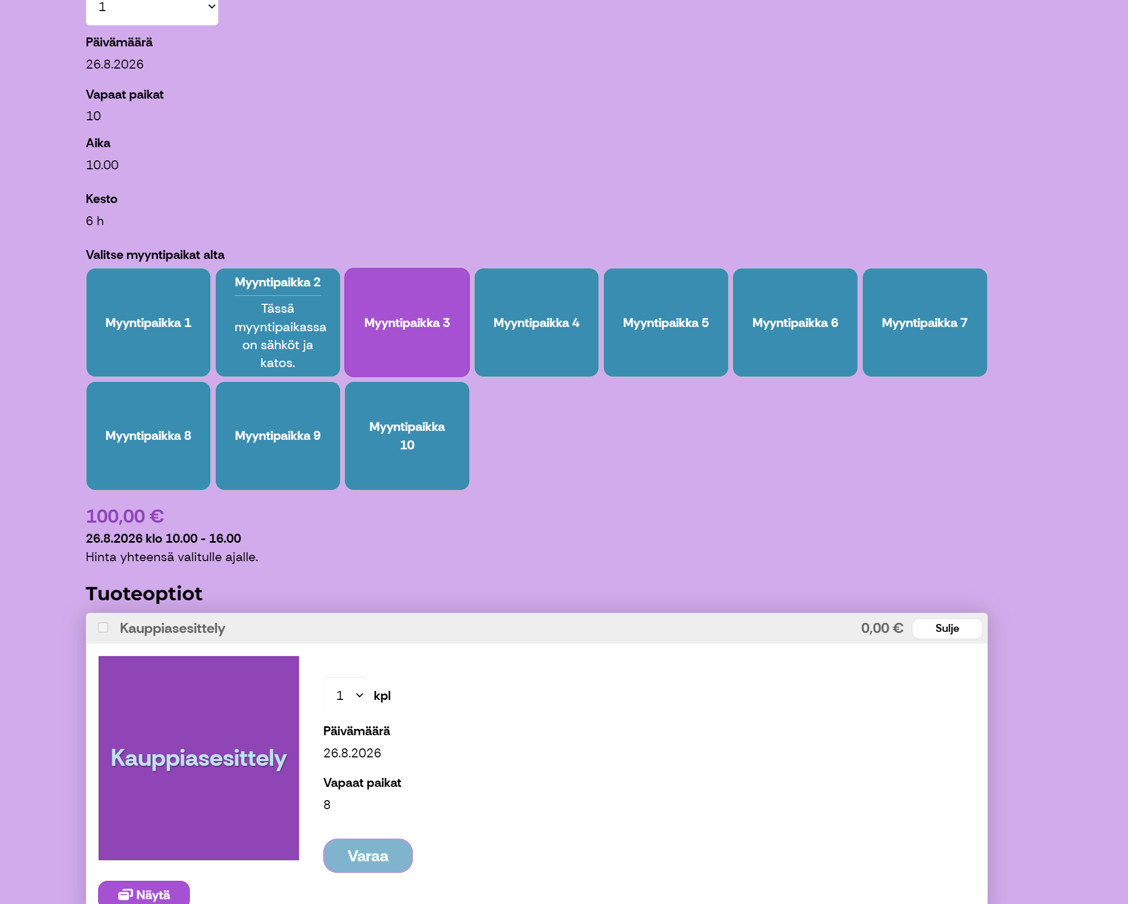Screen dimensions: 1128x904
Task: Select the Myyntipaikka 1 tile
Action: (x=148, y=322)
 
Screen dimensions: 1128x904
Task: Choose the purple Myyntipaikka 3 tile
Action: (x=407, y=322)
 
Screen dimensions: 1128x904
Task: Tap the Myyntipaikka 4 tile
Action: (x=536, y=322)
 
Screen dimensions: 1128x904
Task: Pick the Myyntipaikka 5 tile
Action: (x=666, y=322)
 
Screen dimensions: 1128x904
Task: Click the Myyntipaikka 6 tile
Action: (x=795, y=322)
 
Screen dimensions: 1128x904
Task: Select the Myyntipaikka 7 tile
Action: (x=924, y=322)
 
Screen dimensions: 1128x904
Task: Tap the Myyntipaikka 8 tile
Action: (x=148, y=436)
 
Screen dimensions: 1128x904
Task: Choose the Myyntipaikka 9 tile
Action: (x=278, y=436)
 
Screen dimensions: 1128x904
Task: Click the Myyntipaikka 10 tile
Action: (x=407, y=436)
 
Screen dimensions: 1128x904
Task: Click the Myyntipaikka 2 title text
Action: (x=278, y=282)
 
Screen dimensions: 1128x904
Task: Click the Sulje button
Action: (x=947, y=628)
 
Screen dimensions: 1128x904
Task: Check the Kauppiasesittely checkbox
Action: (x=103, y=628)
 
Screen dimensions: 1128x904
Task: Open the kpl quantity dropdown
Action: (x=345, y=696)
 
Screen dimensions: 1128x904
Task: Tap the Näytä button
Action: (x=144, y=894)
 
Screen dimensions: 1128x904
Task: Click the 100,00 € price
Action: (x=125, y=516)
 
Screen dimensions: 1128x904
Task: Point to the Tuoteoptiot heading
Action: (x=144, y=594)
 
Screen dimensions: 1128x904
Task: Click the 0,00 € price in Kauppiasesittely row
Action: (x=882, y=628)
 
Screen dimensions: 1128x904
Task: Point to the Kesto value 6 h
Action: (x=95, y=221)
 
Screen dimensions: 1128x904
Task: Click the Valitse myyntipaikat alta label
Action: (x=155, y=255)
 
